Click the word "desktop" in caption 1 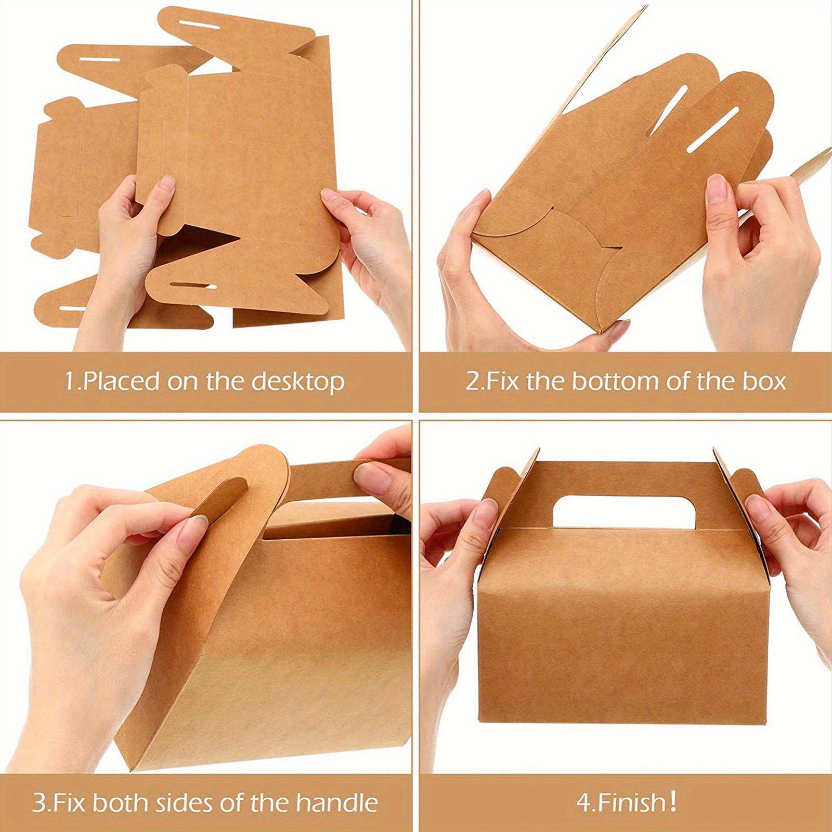pos(298,382)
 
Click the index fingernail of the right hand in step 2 pos(717,187)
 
